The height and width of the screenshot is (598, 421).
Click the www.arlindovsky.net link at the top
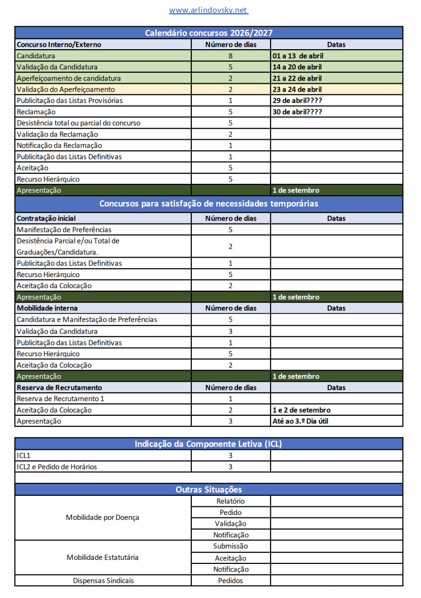coord(208,10)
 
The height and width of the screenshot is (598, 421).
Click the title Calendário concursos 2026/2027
coord(209,33)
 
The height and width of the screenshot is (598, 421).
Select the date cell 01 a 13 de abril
coord(297,56)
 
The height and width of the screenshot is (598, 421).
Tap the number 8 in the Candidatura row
coord(231,56)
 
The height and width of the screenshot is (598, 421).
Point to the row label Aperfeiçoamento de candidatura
coord(69,78)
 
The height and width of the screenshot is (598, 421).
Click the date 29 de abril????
coord(297,101)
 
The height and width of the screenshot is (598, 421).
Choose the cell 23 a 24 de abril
coord(297,90)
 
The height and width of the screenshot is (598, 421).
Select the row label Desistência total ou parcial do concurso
coord(79,123)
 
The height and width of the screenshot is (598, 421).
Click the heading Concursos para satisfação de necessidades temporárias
coord(209,203)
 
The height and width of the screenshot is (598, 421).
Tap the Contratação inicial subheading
coord(46,218)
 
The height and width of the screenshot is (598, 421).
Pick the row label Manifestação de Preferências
coord(64,230)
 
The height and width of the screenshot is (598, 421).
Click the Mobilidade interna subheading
coord(47,308)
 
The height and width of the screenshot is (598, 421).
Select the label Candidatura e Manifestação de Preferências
coord(87,319)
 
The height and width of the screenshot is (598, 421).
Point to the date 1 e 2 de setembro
coord(301,410)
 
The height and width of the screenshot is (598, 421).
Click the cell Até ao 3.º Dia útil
coord(301,421)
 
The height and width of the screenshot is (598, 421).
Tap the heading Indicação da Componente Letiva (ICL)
coord(209,444)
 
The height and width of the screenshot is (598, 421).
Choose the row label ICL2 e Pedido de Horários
coord(57,467)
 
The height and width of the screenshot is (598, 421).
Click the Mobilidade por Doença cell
coord(103,517)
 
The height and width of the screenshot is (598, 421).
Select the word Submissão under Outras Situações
coord(231,546)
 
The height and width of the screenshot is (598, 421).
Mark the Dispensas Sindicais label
coord(103,580)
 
